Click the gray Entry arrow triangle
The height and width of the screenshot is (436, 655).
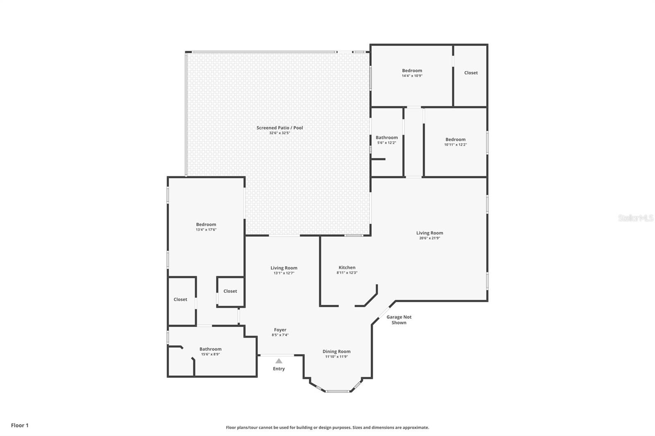(279, 361)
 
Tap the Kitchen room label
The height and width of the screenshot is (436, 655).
(347, 267)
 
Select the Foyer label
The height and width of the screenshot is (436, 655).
(280, 330)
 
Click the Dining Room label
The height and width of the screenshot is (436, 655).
(337, 352)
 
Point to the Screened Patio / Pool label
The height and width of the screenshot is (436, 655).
(280, 128)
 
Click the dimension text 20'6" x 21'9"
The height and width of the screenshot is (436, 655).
(430, 238)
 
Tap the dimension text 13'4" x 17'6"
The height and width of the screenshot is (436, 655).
(206, 230)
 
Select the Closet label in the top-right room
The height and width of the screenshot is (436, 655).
(471, 73)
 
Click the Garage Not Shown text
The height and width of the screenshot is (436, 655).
(399, 320)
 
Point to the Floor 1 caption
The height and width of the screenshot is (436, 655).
(20, 425)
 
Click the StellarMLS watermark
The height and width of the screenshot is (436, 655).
(636, 218)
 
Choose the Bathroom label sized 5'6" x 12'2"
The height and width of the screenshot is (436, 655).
(387, 138)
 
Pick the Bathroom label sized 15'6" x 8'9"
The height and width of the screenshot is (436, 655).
(210, 349)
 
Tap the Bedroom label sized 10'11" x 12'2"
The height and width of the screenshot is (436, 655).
(456, 140)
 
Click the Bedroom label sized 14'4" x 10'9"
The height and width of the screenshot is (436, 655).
(412, 71)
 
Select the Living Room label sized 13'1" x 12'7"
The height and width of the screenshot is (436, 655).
(284, 268)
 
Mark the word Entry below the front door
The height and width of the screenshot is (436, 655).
(279, 369)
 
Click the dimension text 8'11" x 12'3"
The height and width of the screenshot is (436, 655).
(347, 273)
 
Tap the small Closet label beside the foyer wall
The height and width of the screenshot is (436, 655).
(230, 291)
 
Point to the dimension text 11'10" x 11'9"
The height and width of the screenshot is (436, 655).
(337, 357)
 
